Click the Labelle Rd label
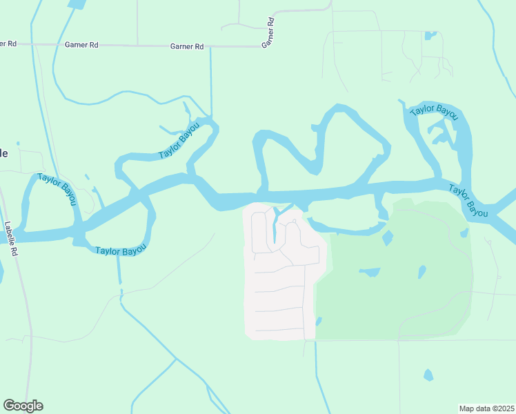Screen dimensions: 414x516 point(10,239)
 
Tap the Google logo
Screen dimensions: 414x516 point(23,406)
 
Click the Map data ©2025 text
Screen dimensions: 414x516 point(486,408)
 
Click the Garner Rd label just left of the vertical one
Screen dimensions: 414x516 point(187,46)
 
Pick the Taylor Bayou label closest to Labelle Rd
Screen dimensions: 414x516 point(57,193)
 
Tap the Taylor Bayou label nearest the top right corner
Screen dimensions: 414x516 point(434,110)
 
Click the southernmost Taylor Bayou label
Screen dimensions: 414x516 point(121,250)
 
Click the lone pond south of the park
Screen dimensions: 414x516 point(428,375)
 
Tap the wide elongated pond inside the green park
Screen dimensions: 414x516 point(369,272)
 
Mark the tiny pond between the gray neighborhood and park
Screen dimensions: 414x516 point(319,321)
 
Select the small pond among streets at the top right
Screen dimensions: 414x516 point(430,34)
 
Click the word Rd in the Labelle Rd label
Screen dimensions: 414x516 point(12,250)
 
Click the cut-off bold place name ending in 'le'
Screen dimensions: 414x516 point(4,153)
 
